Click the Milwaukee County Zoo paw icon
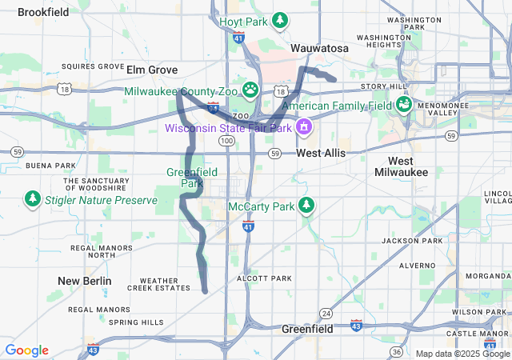[x=251, y=90]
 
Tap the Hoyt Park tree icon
[x=280, y=20]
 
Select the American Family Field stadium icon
[x=404, y=104]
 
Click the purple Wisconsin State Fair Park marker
[x=304, y=126]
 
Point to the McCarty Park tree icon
[x=306, y=206]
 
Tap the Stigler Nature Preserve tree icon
[x=32, y=198]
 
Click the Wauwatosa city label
[x=319, y=49]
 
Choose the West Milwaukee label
[x=401, y=166]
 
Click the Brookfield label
[x=42, y=12]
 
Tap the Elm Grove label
[x=152, y=70]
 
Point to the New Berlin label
[x=84, y=281]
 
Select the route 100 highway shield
[x=227, y=141]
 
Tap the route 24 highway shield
[x=326, y=312]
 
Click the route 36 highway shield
[x=396, y=351]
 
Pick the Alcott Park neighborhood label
[x=264, y=278]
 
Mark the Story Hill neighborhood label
[x=384, y=86]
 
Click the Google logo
[x=26, y=350]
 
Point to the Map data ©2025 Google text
[x=462, y=354]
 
